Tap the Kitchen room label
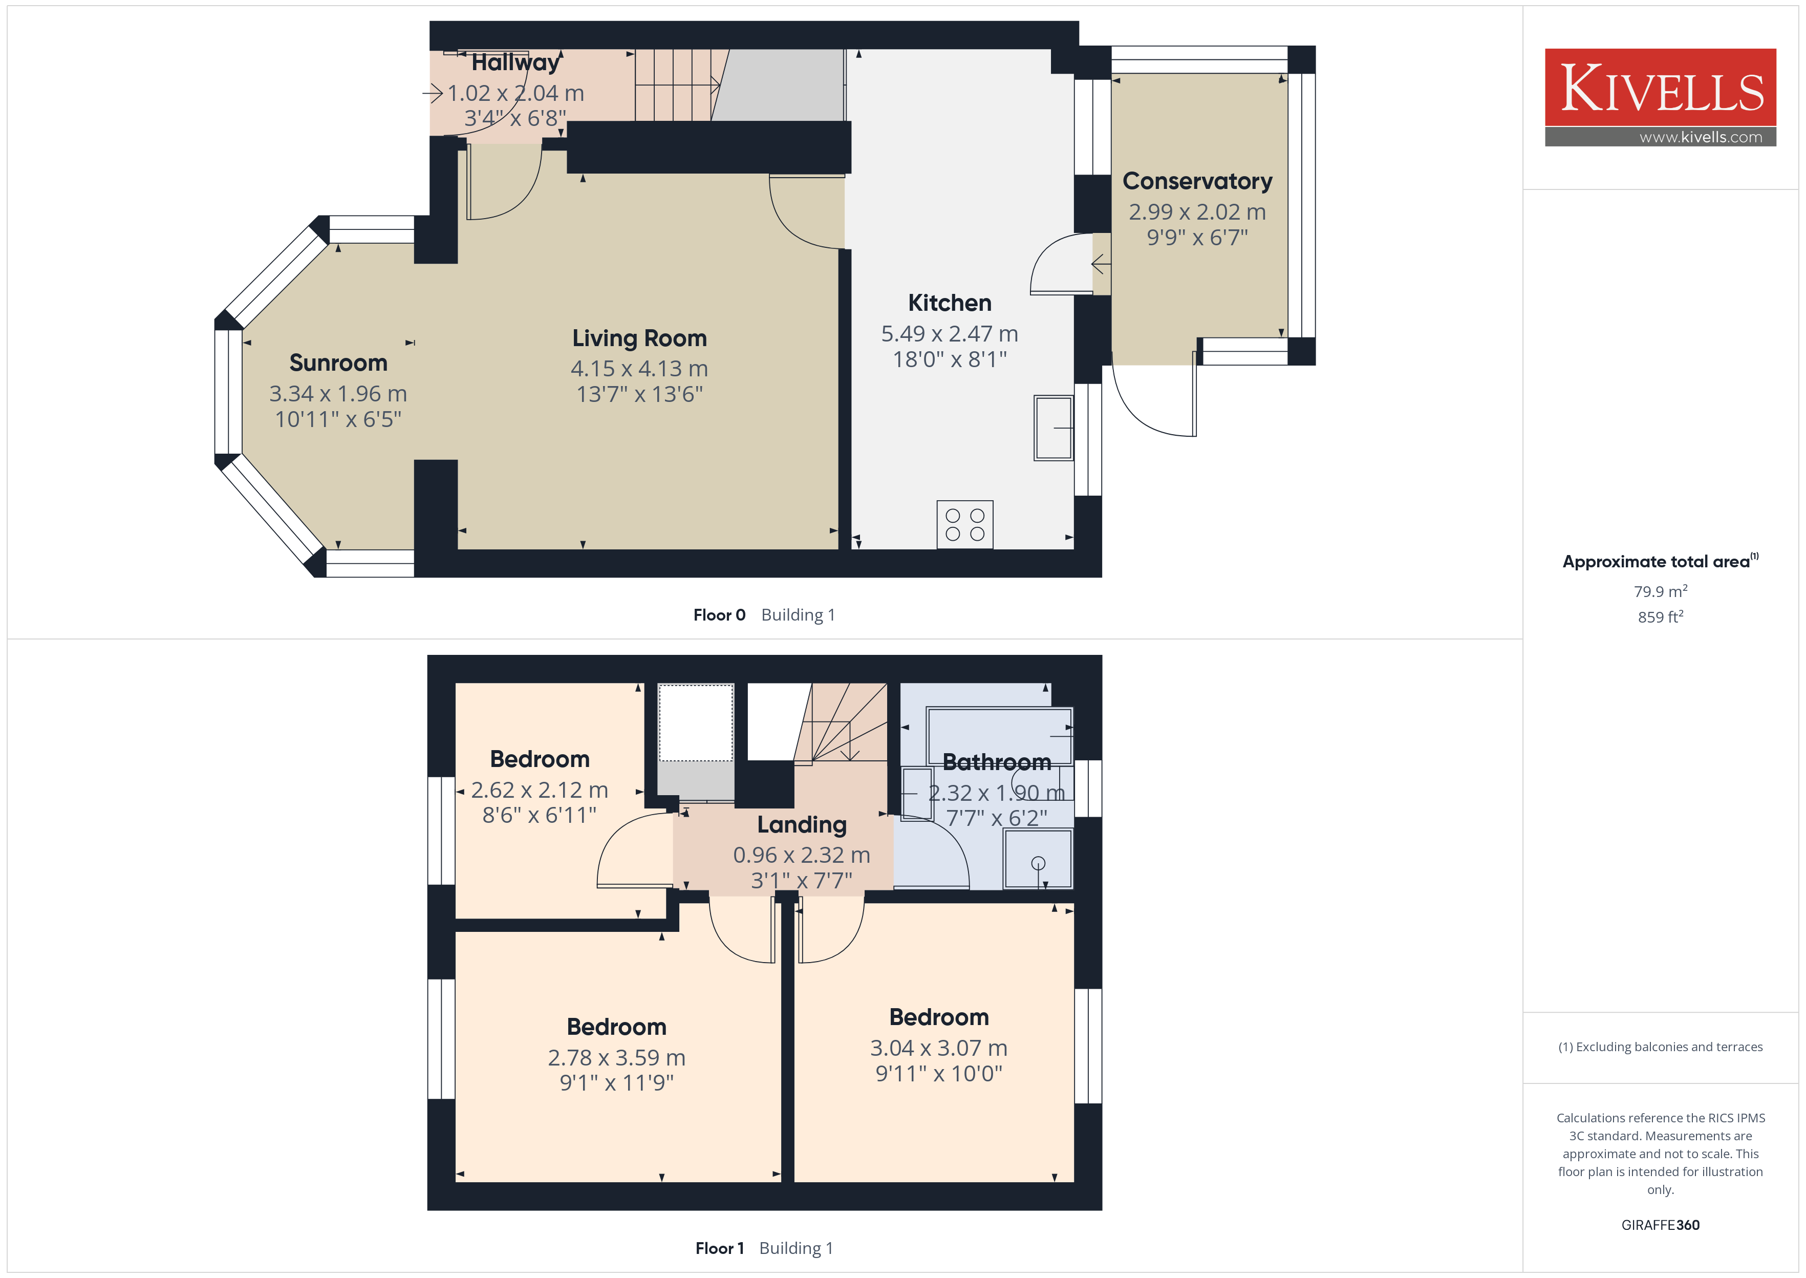950,303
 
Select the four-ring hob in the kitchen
964,524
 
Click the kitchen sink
1053,428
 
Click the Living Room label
639,338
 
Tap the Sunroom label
338,363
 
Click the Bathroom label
997,762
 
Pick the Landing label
802,825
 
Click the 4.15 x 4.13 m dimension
639,368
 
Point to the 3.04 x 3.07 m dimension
938,1048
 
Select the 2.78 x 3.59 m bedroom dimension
617,1058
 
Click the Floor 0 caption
719,615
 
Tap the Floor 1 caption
719,1249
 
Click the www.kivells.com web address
1701,137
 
